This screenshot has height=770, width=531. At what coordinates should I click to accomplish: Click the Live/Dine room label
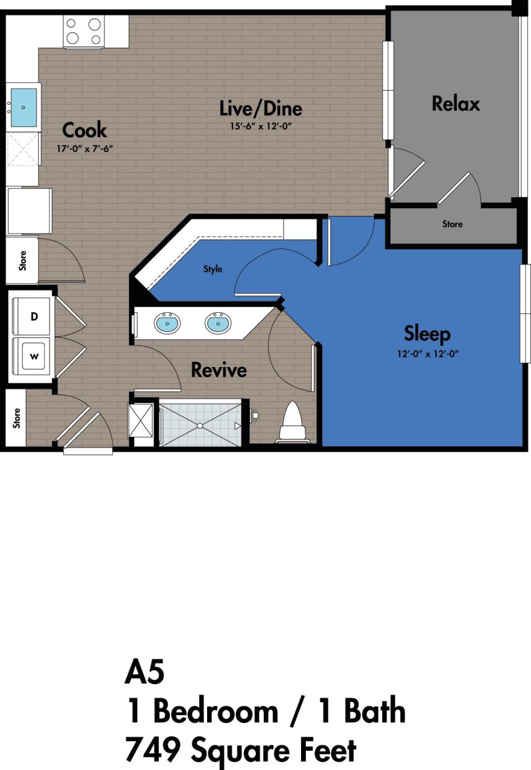coord(260,108)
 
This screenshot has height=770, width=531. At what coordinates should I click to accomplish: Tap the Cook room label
coord(84,130)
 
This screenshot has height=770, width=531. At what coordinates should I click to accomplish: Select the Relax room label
coord(456,103)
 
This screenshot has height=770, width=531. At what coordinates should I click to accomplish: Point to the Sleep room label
coord(427,333)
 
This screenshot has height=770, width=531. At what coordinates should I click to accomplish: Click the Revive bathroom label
coord(219,369)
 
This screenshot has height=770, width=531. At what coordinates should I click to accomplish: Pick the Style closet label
coord(213,269)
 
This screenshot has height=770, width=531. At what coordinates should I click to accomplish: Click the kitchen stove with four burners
coord(84,31)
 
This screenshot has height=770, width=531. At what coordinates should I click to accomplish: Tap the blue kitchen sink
coord(23,107)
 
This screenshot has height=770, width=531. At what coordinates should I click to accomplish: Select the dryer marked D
coord(34,315)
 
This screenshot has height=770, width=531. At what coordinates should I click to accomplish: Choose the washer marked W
coord(34,356)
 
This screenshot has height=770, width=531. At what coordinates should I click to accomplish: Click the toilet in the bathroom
coord(292,422)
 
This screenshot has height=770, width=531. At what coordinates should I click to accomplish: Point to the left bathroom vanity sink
coord(167,323)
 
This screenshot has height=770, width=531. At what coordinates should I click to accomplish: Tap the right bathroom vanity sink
coord(217,323)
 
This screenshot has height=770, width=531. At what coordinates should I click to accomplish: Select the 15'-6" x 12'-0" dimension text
coord(260,126)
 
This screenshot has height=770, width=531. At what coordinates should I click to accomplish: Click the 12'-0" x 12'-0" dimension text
coord(427,354)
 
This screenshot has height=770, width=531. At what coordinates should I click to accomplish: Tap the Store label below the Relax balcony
coord(452,224)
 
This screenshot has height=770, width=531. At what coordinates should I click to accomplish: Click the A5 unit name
coord(144,672)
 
